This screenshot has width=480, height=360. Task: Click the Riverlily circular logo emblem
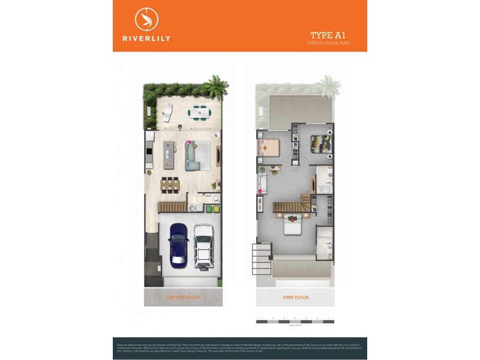point(146,19)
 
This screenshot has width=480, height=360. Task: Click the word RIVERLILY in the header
point(146,38)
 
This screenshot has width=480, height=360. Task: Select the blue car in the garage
point(178,245)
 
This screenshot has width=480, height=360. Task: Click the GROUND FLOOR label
point(183,297)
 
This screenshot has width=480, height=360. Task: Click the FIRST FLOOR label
point(295,297)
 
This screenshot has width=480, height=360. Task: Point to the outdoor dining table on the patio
point(197,112)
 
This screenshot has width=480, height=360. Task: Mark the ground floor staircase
point(172,206)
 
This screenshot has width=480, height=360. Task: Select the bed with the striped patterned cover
point(320,143)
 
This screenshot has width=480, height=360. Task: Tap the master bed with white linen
point(292,226)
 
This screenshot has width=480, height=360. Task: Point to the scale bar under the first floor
point(294,322)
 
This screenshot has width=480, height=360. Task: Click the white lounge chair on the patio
point(167,112)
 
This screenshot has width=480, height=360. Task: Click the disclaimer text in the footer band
point(240,347)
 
